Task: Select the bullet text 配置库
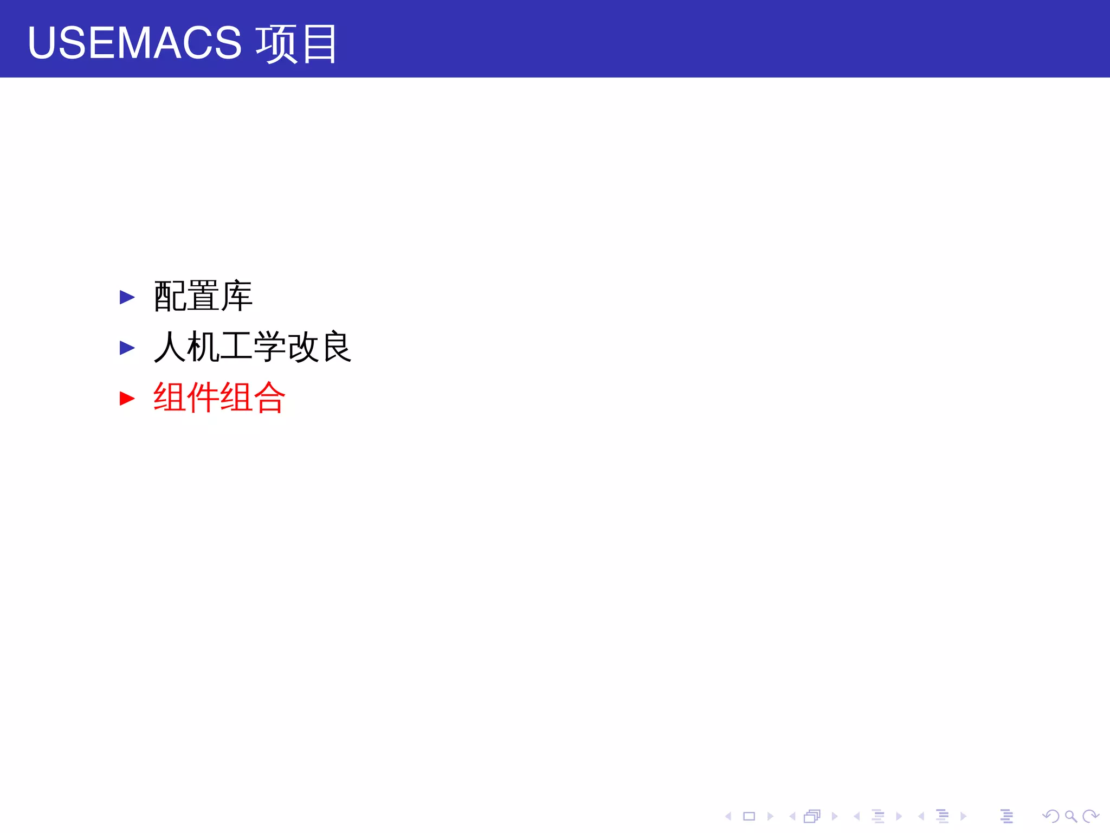pyautogui.click(x=203, y=296)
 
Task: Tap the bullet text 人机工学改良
pyautogui.click(x=253, y=347)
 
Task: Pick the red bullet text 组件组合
pyautogui.click(x=219, y=398)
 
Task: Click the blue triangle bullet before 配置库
pyautogui.click(x=127, y=297)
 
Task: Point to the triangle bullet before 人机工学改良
pyautogui.click(x=127, y=348)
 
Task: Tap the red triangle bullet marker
pyautogui.click(x=127, y=399)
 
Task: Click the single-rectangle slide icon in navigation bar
pyautogui.click(x=749, y=816)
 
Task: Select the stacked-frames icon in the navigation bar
pyautogui.click(x=812, y=816)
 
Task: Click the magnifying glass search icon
pyautogui.click(x=1070, y=816)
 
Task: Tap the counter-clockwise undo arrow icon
pyautogui.click(x=1051, y=816)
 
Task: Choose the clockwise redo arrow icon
pyautogui.click(x=1090, y=816)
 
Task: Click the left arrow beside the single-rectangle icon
pyautogui.click(x=728, y=816)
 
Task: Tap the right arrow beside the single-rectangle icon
pyautogui.click(x=770, y=816)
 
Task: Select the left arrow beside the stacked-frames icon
pyautogui.click(x=792, y=816)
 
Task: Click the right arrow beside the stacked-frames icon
pyautogui.click(x=834, y=816)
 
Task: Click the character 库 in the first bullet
pyautogui.click(x=236, y=296)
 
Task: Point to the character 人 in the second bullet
pyautogui.click(x=170, y=347)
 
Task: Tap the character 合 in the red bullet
pyautogui.click(x=269, y=398)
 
